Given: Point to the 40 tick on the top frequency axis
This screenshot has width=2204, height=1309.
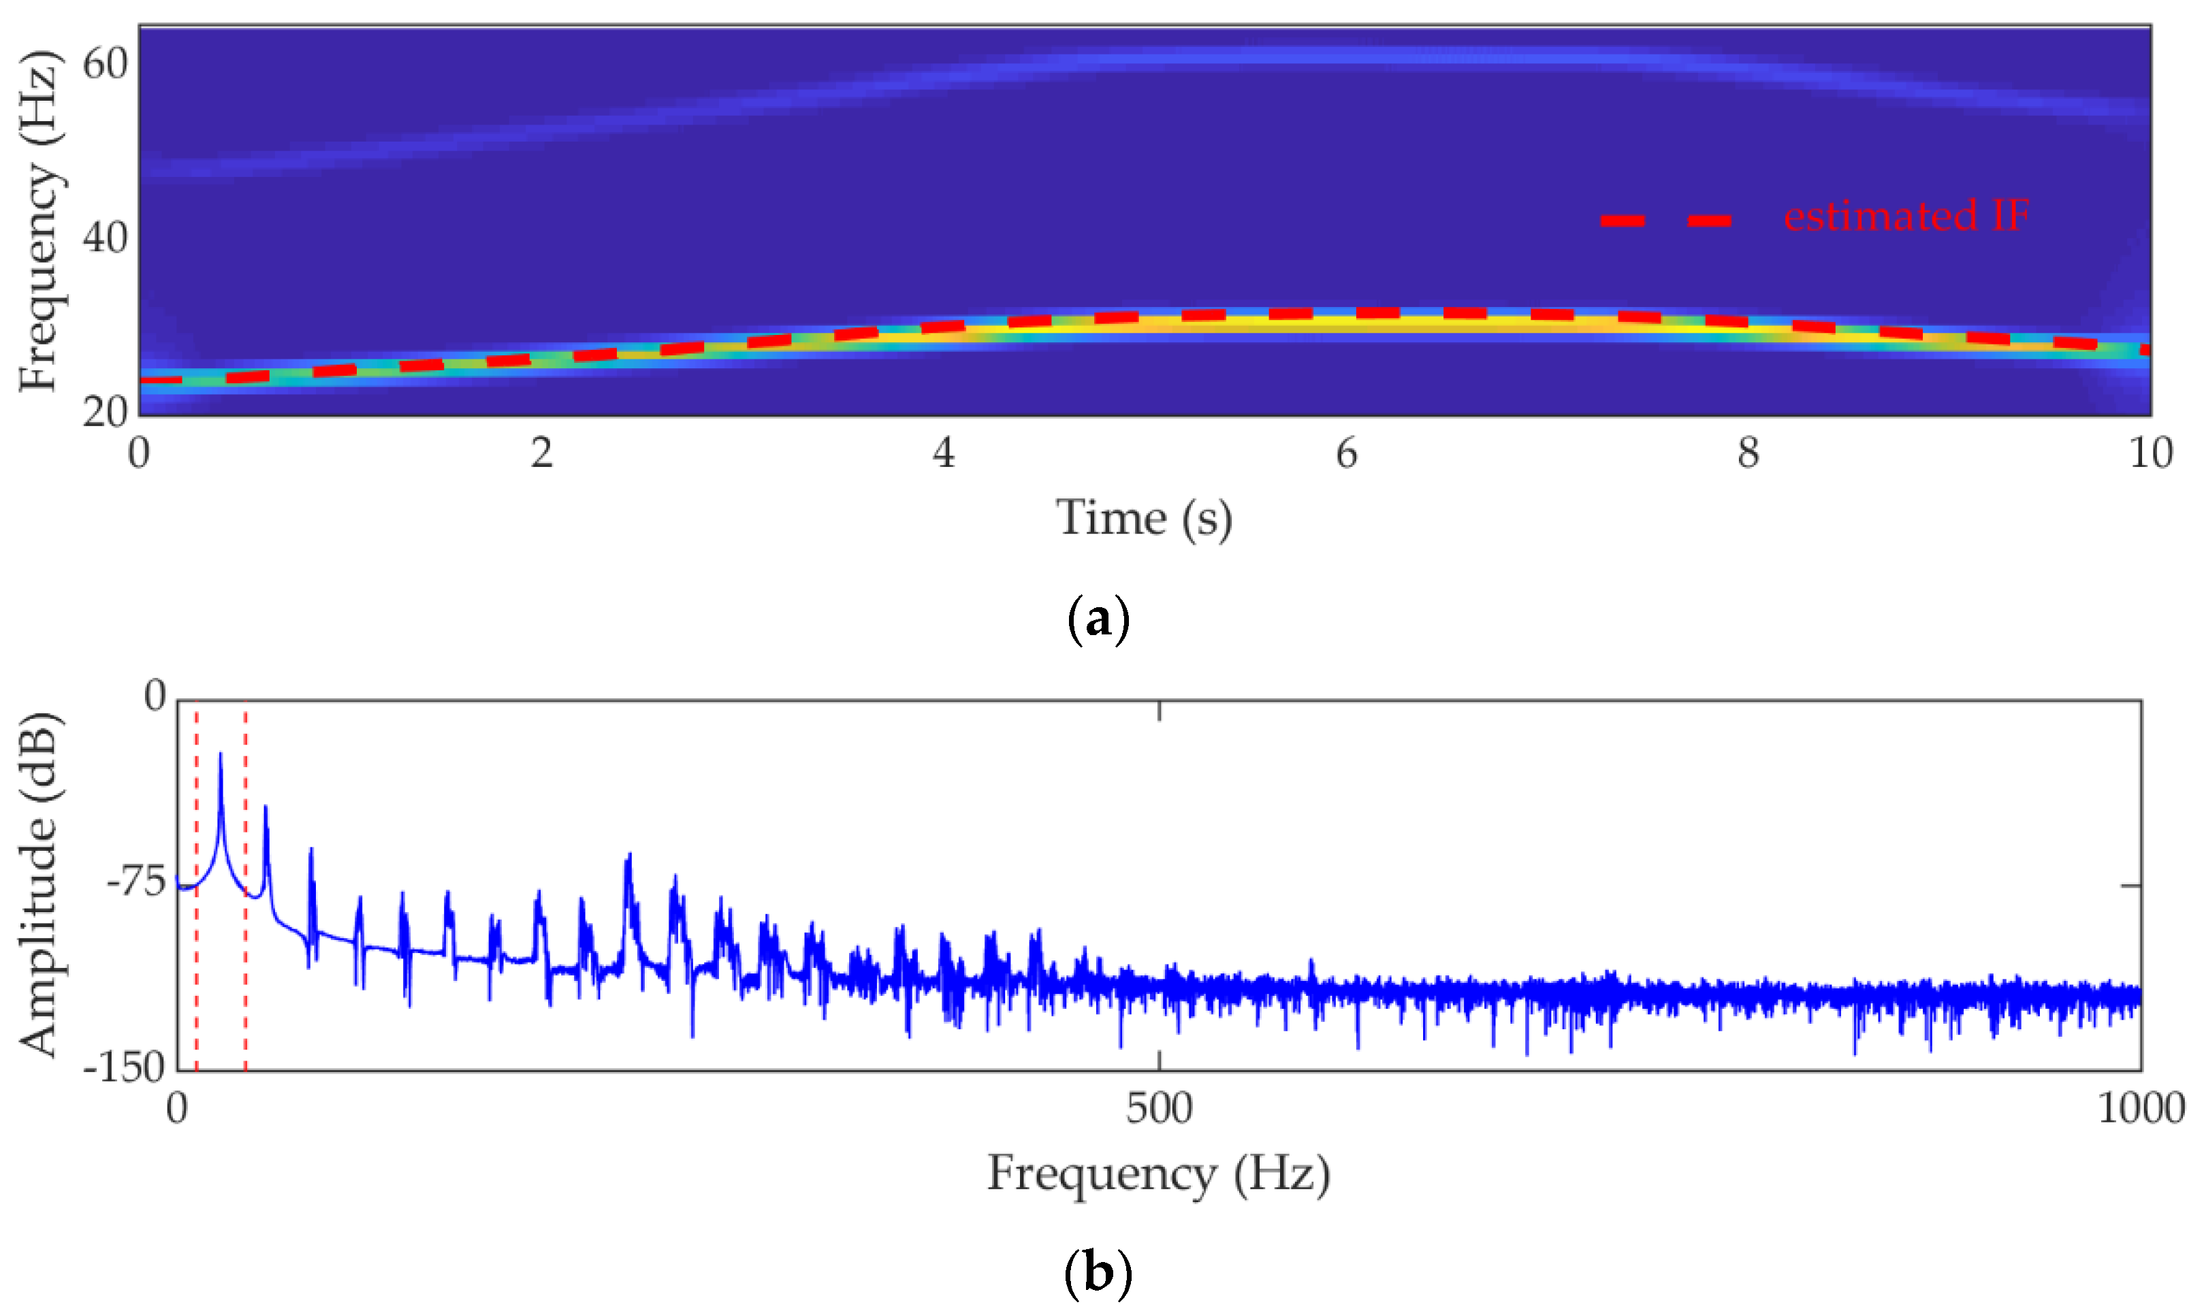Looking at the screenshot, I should (x=105, y=238).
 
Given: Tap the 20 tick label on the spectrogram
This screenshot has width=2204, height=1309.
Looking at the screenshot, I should (x=105, y=412).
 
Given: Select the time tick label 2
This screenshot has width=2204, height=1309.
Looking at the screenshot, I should (x=541, y=453).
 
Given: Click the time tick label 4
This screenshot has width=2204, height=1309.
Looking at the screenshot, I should (x=943, y=453).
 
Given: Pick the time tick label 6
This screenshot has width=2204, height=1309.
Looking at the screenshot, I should (x=1345, y=453).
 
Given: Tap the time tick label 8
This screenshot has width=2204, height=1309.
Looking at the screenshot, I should (x=1748, y=453).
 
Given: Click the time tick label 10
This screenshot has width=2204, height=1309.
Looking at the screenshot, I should (x=2150, y=453).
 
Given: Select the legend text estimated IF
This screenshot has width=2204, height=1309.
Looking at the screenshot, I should (x=1906, y=216).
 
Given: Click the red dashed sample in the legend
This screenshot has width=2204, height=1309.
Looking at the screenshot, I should (x=1667, y=221).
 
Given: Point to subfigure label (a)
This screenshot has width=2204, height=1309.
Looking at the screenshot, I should (x=1098, y=620).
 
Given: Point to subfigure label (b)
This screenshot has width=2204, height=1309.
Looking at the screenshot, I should (x=1098, y=1273).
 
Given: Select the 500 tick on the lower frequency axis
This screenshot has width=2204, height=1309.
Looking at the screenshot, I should (x=1158, y=1108).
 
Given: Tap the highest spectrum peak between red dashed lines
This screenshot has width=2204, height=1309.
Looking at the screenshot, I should (x=221, y=755).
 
